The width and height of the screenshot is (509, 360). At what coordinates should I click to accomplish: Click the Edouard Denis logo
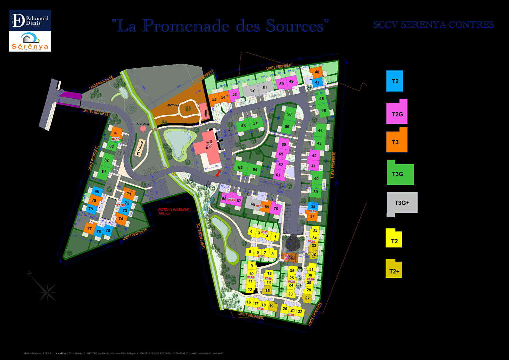30,20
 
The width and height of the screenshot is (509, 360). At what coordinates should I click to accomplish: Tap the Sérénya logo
30,42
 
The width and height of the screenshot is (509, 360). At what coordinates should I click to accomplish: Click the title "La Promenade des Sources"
220,26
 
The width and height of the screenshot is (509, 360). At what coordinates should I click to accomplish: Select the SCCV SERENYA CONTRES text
433,25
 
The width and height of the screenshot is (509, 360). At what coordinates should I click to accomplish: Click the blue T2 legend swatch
395,81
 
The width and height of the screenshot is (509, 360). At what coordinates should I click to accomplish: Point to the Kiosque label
143,124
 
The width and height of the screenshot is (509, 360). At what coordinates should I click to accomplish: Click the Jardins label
173,105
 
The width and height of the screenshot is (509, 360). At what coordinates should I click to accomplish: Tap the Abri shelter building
203,112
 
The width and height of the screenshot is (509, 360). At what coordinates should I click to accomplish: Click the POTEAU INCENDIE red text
173,210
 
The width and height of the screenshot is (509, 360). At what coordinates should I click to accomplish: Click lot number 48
317,72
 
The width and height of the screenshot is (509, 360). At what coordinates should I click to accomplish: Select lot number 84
116,133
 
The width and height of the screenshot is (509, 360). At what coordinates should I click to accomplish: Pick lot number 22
300,312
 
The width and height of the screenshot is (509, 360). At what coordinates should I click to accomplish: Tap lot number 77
89,229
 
